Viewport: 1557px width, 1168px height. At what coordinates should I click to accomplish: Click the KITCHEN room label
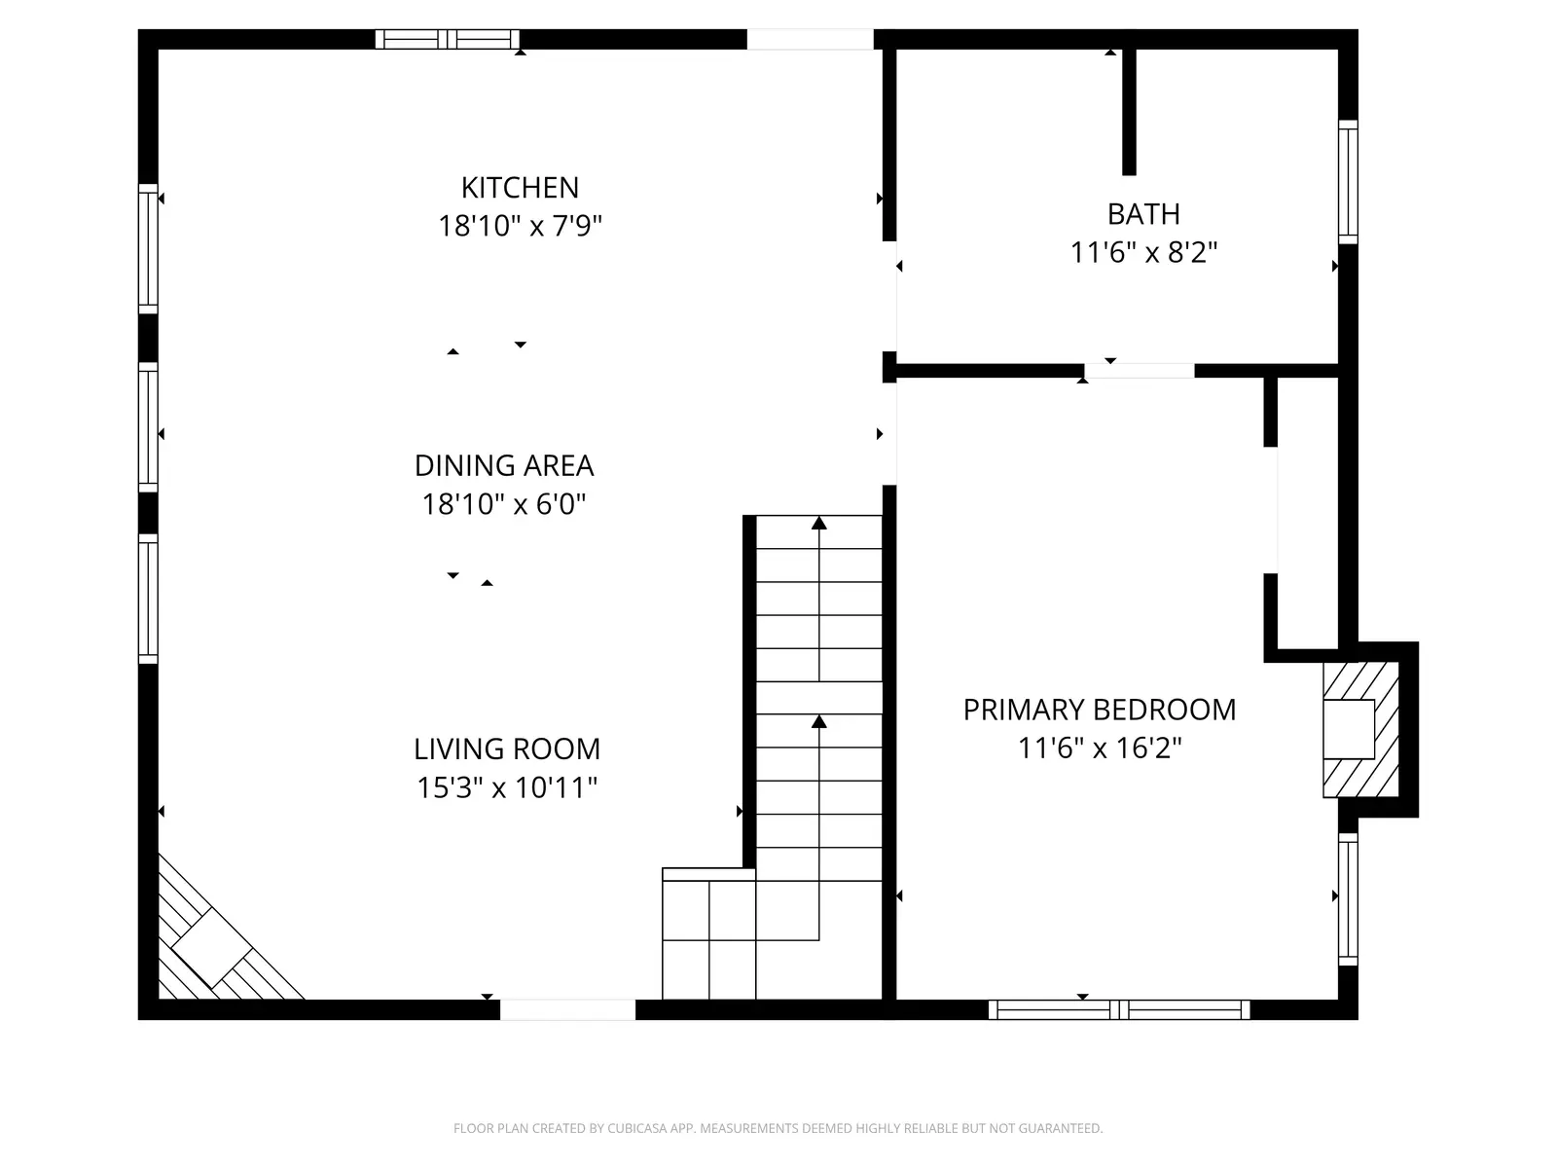[520, 187]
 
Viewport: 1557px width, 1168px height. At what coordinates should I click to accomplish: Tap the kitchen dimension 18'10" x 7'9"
[520, 226]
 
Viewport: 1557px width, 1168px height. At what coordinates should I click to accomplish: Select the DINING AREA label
[504, 465]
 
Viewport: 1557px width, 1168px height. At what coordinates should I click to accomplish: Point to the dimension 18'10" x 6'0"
[504, 504]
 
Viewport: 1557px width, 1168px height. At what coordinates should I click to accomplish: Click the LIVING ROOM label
[507, 748]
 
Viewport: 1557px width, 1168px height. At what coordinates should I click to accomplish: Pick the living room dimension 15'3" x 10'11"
[507, 787]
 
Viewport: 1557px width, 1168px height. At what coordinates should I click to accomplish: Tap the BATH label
[1143, 213]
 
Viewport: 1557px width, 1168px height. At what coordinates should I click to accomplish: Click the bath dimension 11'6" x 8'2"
[1143, 252]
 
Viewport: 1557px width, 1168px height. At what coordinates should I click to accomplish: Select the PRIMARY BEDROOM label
[1100, 710]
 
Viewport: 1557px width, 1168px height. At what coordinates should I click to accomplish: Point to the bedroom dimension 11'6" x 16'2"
[1100, 748]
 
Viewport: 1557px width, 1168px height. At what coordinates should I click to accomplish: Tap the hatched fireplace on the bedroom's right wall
[1359, 729]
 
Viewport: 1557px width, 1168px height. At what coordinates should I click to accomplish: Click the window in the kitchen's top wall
[448, 39]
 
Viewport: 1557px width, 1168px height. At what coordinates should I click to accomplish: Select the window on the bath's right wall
[1348, 182]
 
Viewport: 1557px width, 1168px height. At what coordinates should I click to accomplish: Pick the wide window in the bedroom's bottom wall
[1119, 1009]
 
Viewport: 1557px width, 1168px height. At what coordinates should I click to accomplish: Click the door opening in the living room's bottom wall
[567, 1009]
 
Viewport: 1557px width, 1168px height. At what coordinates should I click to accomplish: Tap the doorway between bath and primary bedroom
[1140, 371]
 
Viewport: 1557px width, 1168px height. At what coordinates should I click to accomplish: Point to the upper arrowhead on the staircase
[819, 524]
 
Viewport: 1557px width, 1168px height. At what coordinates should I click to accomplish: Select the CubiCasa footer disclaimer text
[778, 1129]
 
